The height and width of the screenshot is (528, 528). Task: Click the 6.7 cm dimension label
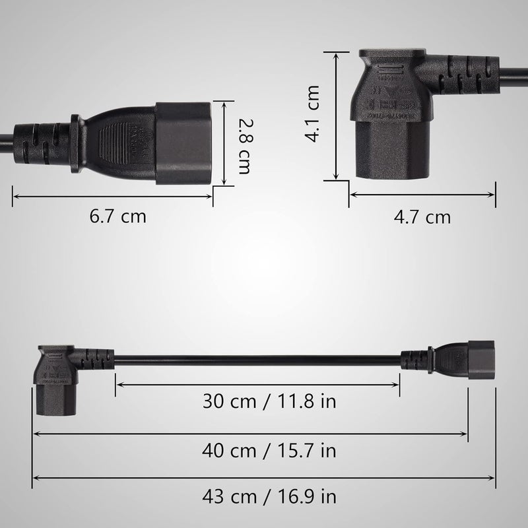118,216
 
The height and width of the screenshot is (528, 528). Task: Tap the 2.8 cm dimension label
245,146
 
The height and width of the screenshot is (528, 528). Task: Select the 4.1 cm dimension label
312,114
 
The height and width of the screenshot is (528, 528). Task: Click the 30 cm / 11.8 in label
257,401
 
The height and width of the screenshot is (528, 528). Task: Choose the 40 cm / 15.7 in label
269,451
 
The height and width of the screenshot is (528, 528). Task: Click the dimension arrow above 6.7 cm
112,195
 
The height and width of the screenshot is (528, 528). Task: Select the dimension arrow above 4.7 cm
422,195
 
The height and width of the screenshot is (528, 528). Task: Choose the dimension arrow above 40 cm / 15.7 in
251,434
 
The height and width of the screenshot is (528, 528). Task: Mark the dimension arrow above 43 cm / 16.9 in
264,477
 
